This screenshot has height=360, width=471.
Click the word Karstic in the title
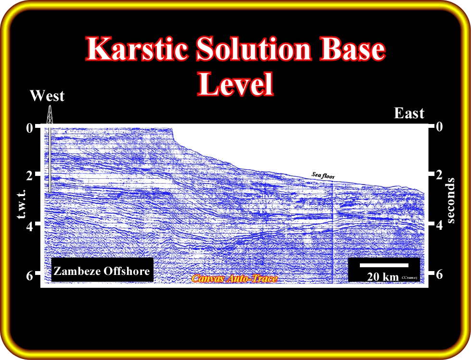coord(139,48)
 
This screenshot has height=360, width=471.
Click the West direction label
coord(47,96)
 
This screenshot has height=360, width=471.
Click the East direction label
coord(409,113)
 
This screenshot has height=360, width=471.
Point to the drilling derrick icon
coord(50,114)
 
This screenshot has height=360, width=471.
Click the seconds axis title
coord(451,200)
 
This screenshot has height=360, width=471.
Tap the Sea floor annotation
coord(323,175)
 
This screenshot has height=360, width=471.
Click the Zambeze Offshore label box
coord(102,270)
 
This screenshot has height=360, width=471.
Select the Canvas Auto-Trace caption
coord(235,279)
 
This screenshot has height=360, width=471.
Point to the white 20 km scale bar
coord(384,265)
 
